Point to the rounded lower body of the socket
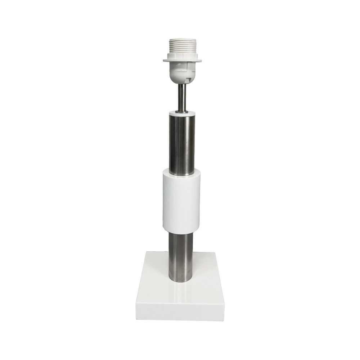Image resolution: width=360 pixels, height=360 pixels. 182,72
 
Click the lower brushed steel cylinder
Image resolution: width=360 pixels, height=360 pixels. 182,256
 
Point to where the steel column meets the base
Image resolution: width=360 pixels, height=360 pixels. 182,283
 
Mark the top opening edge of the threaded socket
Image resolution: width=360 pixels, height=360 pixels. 182,40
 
